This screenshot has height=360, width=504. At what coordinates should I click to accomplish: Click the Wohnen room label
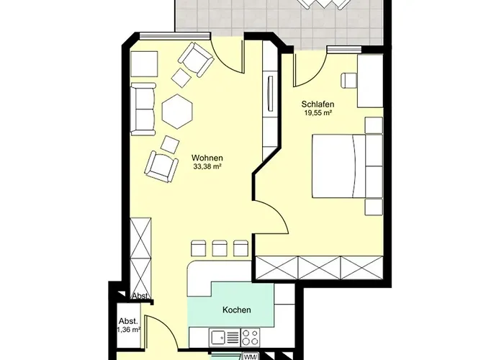[207, 158]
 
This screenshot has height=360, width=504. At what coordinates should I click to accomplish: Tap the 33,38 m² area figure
[207, 166]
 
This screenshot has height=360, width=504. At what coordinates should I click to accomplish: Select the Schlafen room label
[318, 104]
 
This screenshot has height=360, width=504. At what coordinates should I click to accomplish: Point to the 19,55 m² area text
[318, 113]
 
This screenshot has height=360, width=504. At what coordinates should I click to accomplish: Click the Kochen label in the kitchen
[237, 310]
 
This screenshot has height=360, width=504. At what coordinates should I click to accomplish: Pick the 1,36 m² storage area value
[129, 330]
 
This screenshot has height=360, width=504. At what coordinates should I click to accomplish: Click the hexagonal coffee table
[177, 111]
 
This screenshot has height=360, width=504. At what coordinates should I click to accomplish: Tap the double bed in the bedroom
[338, 166]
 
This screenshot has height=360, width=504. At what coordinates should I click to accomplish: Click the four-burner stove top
[250, 337]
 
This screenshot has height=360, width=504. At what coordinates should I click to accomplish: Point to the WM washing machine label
[249, 357]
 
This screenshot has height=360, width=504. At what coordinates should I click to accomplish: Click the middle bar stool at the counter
[220, 248]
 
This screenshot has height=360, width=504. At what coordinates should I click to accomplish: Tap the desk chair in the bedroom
[348, 80]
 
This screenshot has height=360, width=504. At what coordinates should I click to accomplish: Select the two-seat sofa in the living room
[143, 109]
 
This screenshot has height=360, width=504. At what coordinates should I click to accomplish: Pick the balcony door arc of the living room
[228, 57]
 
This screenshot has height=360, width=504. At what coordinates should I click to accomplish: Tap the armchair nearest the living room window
[196, 60]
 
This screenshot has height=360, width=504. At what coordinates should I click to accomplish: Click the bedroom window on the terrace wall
[344, 50]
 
